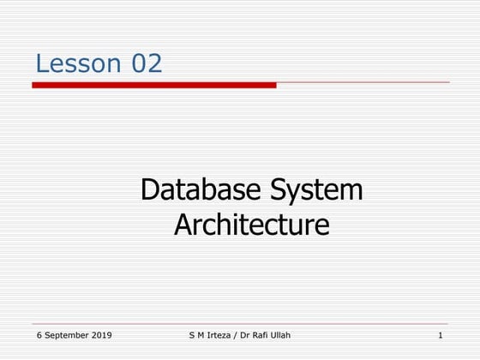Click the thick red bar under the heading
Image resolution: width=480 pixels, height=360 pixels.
154,85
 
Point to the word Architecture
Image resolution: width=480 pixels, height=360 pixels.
251,225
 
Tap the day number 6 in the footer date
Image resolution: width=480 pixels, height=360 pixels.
39,334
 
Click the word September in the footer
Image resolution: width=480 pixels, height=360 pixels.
66,334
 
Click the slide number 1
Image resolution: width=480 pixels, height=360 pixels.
440,334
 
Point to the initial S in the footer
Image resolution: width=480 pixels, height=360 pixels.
191,334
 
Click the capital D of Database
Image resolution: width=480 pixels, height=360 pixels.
151,189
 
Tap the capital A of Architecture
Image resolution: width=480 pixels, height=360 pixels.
183,225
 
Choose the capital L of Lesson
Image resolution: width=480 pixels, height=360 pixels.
41,63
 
